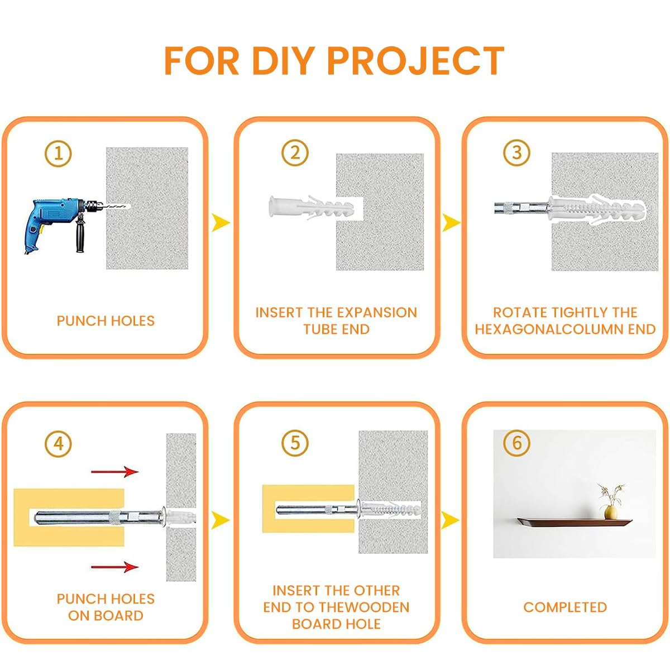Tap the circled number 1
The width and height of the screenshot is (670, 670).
(59, 152)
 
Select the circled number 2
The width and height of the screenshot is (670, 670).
(295, 152)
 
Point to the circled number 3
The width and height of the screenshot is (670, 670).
(516, 152)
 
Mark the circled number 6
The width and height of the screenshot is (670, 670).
(516, 443)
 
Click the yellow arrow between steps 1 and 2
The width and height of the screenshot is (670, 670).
(221, 223)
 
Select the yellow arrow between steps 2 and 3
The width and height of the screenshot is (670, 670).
(451, 223)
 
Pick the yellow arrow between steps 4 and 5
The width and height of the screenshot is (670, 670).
(221, 520)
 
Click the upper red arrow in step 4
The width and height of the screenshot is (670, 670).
(115, 472)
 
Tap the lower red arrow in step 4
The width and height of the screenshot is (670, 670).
(115, 567)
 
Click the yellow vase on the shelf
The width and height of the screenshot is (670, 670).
(611, 511)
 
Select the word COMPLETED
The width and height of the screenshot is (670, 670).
(565, 607)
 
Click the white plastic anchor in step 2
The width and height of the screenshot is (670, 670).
(310, 209)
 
